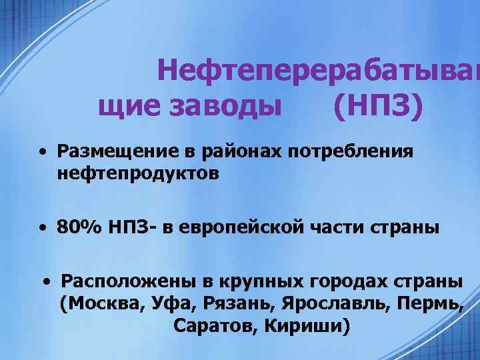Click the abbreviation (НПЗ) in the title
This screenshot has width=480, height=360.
tap(377, 107)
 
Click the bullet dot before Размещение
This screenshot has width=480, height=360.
tap(42, 153)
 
